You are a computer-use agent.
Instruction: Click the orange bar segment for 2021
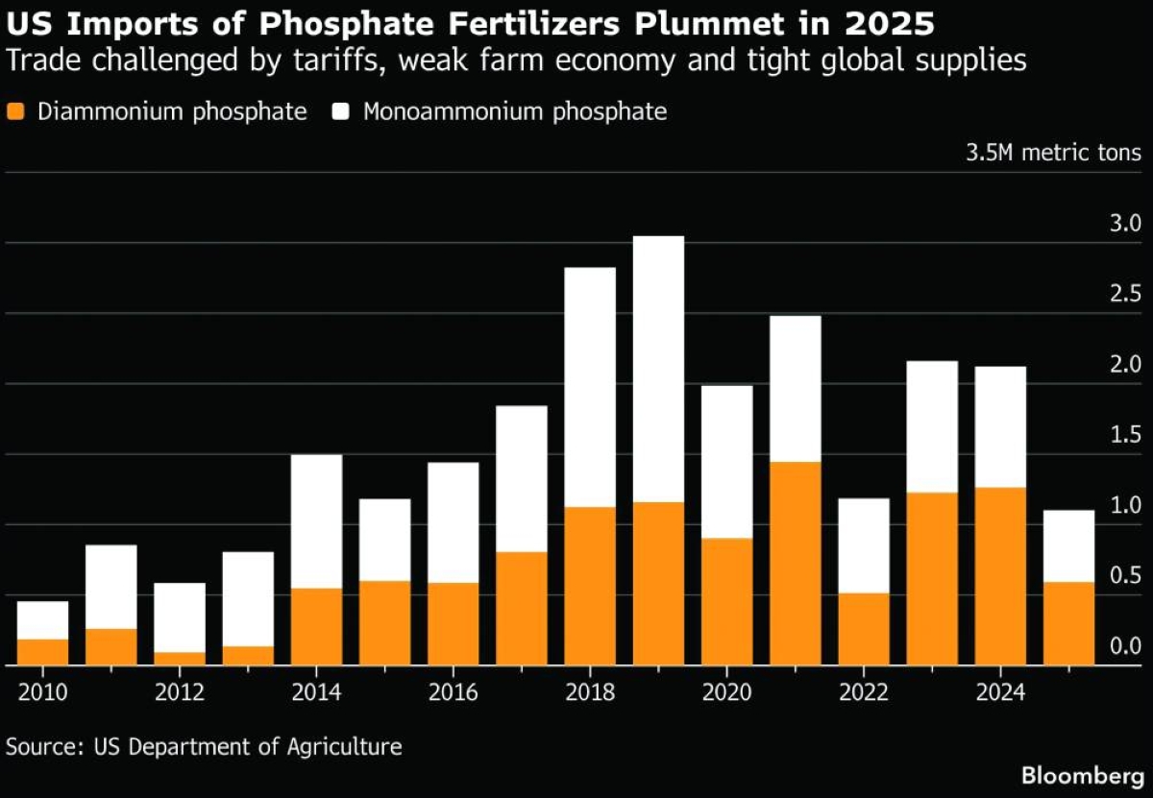[x=795, y=564]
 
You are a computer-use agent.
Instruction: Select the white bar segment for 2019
[x=658, y=369]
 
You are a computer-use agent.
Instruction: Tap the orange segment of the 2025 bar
[x=1068, y=623]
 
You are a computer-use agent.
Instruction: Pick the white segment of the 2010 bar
[x=42, y=620]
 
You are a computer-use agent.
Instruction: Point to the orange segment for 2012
[x=180, y=659]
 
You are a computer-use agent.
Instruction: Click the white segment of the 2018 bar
[x=590, y=387]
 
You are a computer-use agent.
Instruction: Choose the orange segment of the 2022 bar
[x=864, y=629]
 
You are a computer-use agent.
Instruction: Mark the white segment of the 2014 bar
[x=316, y=521]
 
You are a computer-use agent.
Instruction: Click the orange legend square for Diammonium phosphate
[x=15, y=111]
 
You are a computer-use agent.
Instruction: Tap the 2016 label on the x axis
[x=453, y=692]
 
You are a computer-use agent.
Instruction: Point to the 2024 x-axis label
[x=1000, y=692]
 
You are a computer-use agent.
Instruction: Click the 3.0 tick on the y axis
[x=1124, y=225]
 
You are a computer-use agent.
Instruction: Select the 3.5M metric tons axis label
[x=1053, y=153]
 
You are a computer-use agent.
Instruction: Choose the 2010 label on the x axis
[x=42, y=692]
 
